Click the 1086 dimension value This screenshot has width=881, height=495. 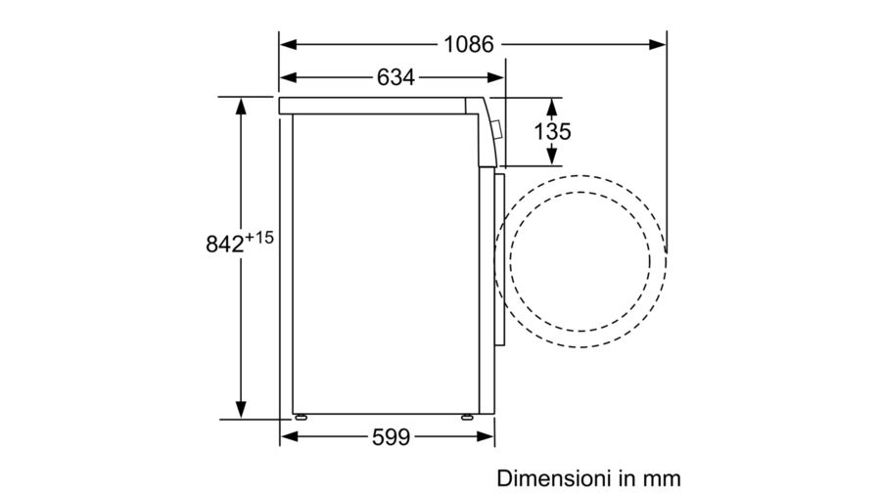click(x=469, y=44)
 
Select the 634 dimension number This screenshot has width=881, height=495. click(x=395, y=77)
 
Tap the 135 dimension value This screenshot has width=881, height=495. click(x=552, y=131)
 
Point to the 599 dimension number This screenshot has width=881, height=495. click(x=391, y=436)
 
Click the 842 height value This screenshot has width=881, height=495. click(x=225, y=245)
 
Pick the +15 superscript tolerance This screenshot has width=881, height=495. click(x=259, y=238)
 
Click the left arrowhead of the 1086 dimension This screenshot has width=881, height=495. click(x=288, y=44)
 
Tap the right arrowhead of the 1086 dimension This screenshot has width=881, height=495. click(x=658, y=44)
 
